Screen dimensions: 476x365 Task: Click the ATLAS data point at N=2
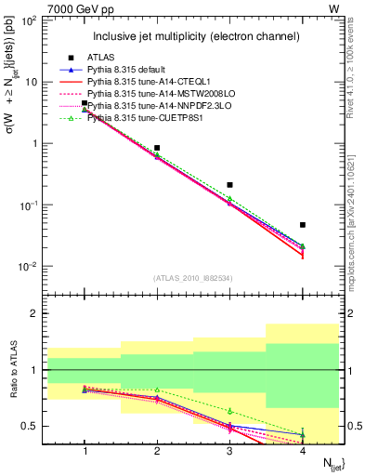pos(157,148)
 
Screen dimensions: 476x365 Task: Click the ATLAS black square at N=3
pos(229,185)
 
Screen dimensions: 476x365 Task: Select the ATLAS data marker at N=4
pos(303,225)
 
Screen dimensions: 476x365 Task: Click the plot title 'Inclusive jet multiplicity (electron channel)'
pos(195,36)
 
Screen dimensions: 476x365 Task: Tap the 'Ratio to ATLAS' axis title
pos(12,372)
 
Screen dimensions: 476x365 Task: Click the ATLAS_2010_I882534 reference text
pos(193,279)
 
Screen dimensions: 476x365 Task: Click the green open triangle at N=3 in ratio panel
pos(229,411)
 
